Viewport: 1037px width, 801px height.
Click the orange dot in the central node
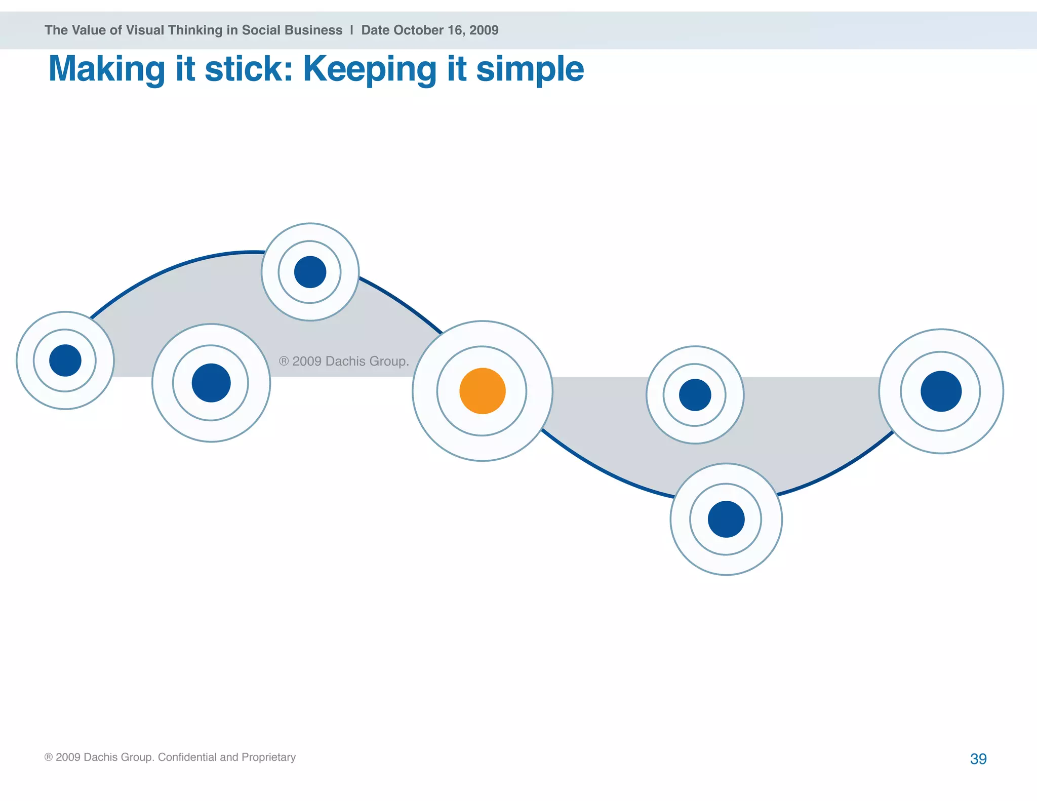pos(482,391)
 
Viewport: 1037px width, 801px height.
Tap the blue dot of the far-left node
pos(65,361)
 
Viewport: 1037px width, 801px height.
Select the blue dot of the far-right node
pos(941,391)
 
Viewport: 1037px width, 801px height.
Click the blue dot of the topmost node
pos(310,272)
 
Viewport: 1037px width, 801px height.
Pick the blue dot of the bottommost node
pos(726,519)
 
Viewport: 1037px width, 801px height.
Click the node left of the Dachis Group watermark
pos(211,383)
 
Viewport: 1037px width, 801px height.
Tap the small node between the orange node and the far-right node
pos(695,395)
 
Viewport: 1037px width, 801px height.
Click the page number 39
pos(978,758)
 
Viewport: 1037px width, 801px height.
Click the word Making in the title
pos(107,69)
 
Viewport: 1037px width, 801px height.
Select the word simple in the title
pos(530,69)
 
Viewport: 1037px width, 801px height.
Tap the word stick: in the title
pos(249,69)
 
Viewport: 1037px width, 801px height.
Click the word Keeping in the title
pos(369,69)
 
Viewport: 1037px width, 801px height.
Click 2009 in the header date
pos(484,30)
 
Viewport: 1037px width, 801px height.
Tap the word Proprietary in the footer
pos(268,757)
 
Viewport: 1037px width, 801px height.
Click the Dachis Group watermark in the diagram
pos(344,361)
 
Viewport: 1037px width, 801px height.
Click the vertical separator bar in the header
pos(351,30)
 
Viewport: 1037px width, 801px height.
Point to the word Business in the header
pos(318,30)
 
